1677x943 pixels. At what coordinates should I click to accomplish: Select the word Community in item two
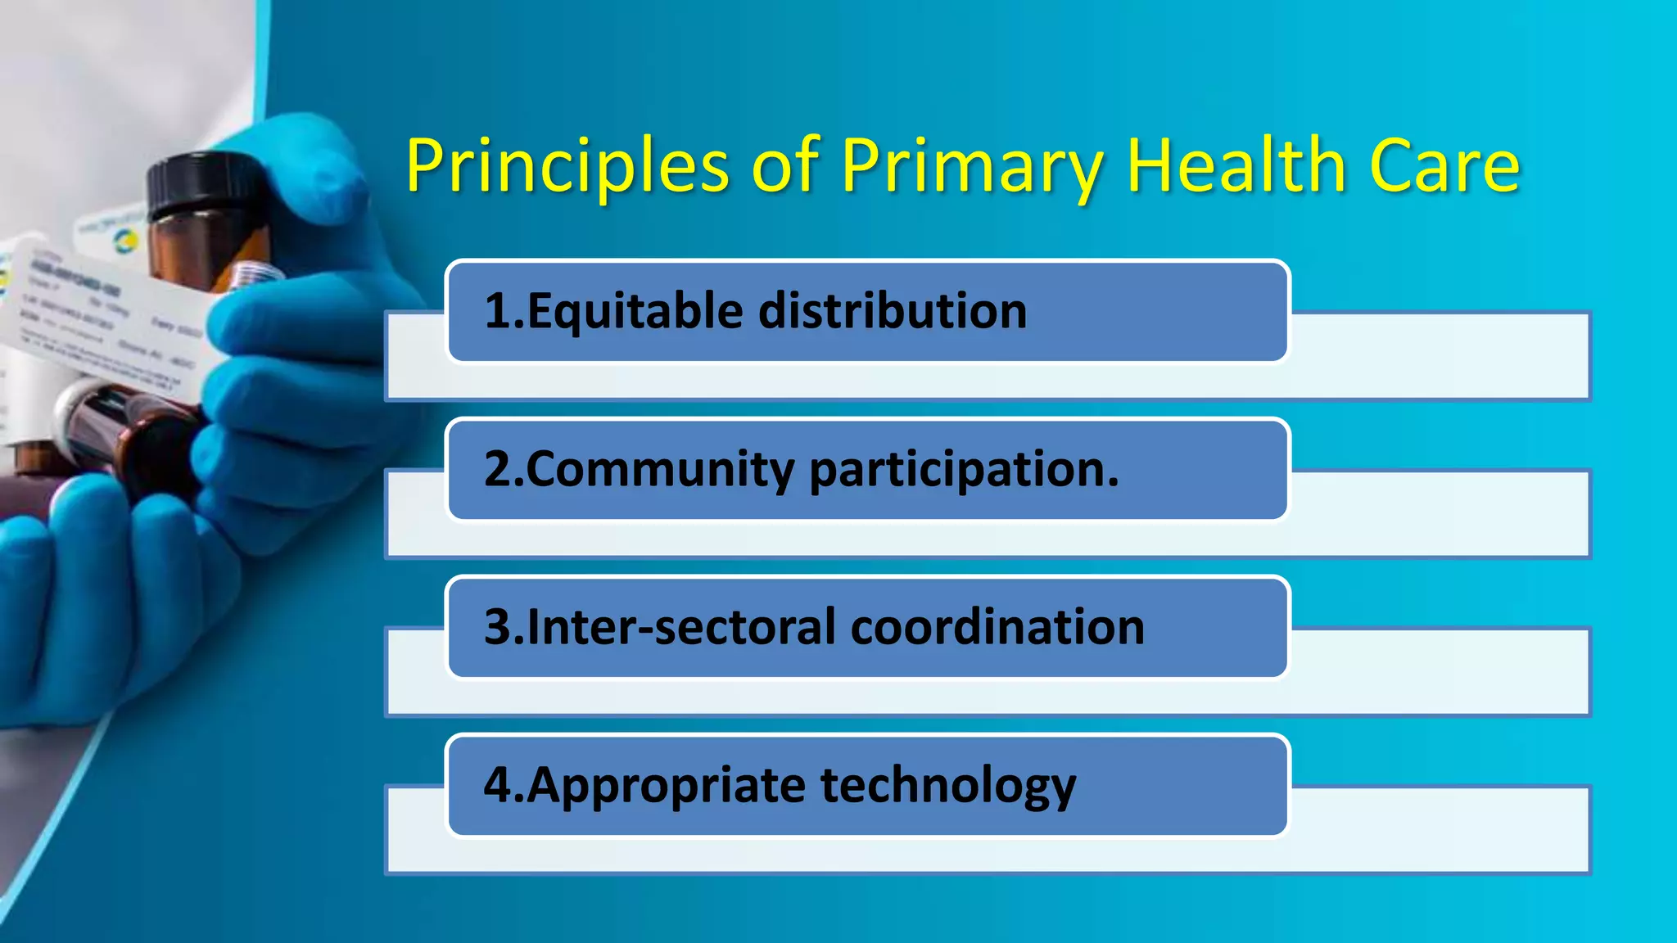tap(660, 470)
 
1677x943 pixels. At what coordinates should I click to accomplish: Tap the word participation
tap(963, 470)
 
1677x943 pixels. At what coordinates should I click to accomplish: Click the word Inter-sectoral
tap(682, 628)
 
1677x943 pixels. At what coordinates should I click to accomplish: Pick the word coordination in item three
tap(997, 628)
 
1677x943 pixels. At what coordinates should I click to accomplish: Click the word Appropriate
tap(667, 786)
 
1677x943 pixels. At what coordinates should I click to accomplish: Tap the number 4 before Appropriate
tap(498, 785)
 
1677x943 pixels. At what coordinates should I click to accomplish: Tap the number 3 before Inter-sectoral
tap(498, 628)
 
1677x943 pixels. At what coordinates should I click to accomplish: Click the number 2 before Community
tap(498, 470)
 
